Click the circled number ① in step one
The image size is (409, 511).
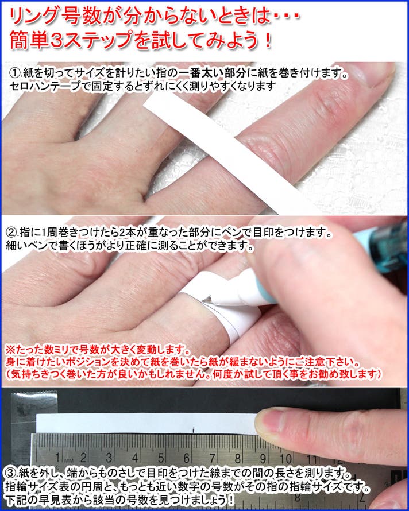[x=16, y=73]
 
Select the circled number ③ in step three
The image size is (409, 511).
[x=11, y=473]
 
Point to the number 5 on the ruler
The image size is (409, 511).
[x=161, y=458]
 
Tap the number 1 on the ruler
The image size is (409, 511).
[x=57, y=458]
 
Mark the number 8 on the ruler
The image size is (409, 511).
[x=238, y=459]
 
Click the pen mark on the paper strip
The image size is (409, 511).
[x=194, y=430]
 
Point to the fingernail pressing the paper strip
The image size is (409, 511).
[x=271, y=421]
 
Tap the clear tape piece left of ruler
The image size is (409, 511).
[x=24, y=423]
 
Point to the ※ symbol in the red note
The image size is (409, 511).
[x=10, y=351]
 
